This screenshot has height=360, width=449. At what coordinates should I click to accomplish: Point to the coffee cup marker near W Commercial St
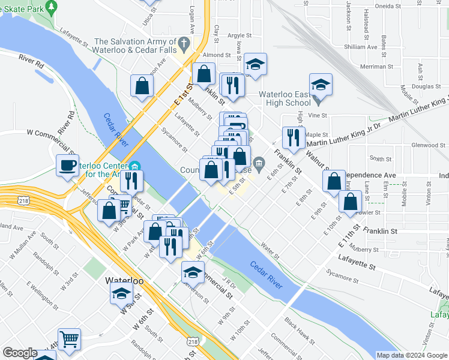pos(67,165)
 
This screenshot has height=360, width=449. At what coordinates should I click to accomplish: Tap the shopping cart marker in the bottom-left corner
pos(70,339)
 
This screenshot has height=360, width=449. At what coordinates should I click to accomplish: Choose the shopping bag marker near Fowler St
pos(349,202)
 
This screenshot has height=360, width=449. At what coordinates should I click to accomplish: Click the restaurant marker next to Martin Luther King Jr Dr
pos(294,137)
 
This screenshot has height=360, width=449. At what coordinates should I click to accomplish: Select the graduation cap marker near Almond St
pos(255,64)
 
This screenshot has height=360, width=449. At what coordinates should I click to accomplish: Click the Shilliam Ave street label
pos(360,46)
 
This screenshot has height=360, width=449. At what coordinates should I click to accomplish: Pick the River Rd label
pos(31,61)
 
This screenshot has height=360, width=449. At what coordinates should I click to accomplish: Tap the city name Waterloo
pos(123,280)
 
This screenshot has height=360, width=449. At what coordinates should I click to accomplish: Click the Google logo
pos(20,353)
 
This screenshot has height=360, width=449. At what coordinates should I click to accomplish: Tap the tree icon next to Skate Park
pos(52,7)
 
